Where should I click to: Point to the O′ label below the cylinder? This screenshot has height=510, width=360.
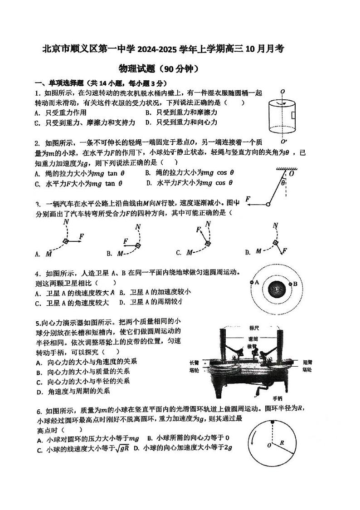pos(283,140)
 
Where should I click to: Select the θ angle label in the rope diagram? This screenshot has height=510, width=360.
pos(283,183)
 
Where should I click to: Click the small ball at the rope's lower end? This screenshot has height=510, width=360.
pos(268,205)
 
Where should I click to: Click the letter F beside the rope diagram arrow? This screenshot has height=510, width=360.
pos(248,199)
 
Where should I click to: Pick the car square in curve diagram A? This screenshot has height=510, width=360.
pos(66,241)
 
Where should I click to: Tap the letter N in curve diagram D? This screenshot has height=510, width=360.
pos(275,226)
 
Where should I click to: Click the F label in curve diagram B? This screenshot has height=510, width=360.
pos(126,241)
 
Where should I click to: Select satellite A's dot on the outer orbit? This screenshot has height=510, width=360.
pos(252,282)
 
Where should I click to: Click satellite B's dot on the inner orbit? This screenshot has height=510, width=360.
pos(289,284)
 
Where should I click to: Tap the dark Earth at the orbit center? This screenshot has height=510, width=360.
pos(275,289)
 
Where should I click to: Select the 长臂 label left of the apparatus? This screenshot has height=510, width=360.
pos(194,363)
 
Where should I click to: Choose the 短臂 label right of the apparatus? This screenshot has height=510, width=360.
pos(307,363)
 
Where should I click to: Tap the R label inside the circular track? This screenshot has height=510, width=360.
pos(282,442)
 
